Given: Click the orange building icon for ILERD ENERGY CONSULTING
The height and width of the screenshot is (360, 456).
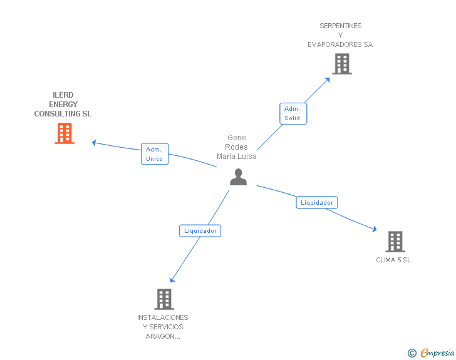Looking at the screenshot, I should (65, 133).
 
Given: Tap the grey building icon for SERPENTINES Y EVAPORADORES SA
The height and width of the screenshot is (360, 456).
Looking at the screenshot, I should (342, 64).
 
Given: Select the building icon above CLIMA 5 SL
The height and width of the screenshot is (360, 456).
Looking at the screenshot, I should (395, 241).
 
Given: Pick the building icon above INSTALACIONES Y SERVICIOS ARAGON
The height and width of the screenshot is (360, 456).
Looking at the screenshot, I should (164, 299).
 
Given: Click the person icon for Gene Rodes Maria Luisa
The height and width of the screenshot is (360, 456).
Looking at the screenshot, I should (238, 177).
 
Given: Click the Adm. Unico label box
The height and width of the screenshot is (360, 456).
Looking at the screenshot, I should (154, 154).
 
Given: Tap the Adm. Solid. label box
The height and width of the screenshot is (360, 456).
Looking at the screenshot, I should (293, 113).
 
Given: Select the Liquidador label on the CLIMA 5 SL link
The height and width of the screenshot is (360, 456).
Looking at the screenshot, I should (317, 202).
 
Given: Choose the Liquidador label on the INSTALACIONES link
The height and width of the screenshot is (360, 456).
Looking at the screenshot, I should (200, 230).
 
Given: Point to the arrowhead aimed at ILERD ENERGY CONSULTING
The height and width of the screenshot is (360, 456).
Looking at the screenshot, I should (95, 143).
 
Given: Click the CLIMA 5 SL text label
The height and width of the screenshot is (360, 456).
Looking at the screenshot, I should (393, 260).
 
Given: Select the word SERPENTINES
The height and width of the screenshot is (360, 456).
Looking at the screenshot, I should (340, 26).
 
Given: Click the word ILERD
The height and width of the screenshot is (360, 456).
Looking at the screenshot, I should (63, 95).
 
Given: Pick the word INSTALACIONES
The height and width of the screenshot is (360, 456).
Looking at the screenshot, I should (163, 317).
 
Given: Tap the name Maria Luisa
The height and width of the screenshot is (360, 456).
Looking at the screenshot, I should (237, 157).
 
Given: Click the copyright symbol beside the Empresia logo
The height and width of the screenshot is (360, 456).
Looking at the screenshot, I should (412, 353).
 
